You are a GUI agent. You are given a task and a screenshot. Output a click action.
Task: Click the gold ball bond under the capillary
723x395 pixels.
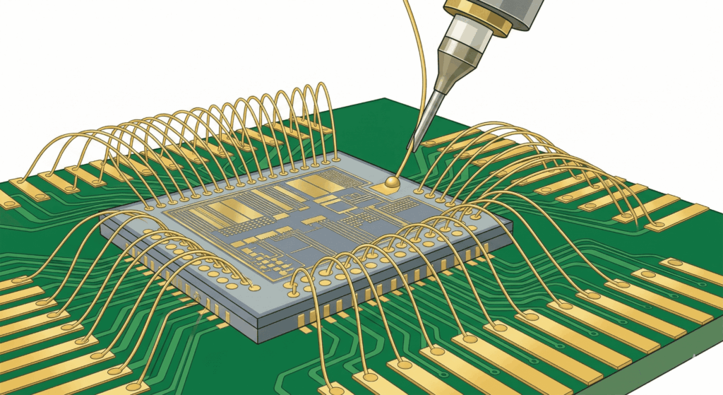(393, 182)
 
